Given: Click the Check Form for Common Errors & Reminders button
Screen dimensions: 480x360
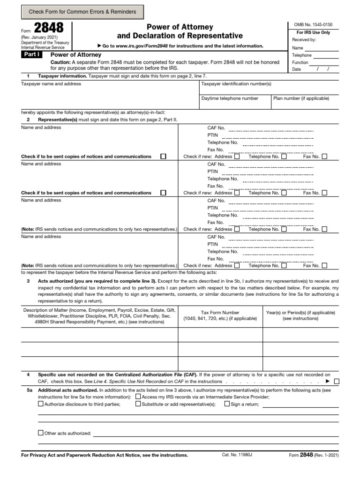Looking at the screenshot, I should tap(82, 12).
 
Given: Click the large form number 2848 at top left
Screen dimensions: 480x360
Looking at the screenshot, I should tap(48, 29).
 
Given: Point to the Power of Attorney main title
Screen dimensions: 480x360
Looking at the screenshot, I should tap(180, 27).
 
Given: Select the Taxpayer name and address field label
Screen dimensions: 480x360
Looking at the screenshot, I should tap(51, 84).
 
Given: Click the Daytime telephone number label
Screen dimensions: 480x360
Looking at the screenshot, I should tap(230, 98).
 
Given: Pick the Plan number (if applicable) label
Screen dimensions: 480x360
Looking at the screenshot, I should tap(301, 98).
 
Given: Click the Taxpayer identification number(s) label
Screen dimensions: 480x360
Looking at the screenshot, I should tap(236, 84).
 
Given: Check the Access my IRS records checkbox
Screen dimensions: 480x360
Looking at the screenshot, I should tap(138, 397).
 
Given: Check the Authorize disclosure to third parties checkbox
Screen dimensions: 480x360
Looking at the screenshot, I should tap(40, 404).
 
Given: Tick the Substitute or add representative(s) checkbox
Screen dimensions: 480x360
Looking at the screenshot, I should tap(138, 404).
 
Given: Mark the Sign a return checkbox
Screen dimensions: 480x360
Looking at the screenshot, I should tap(227, 404).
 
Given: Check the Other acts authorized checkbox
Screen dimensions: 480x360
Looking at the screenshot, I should tap(40, 433).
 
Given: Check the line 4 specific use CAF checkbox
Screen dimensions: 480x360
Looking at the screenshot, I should tap(337, 382).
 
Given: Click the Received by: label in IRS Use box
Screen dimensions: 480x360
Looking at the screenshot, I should tap(304, 40).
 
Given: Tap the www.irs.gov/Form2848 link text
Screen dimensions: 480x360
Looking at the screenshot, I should tap(141, 46).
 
